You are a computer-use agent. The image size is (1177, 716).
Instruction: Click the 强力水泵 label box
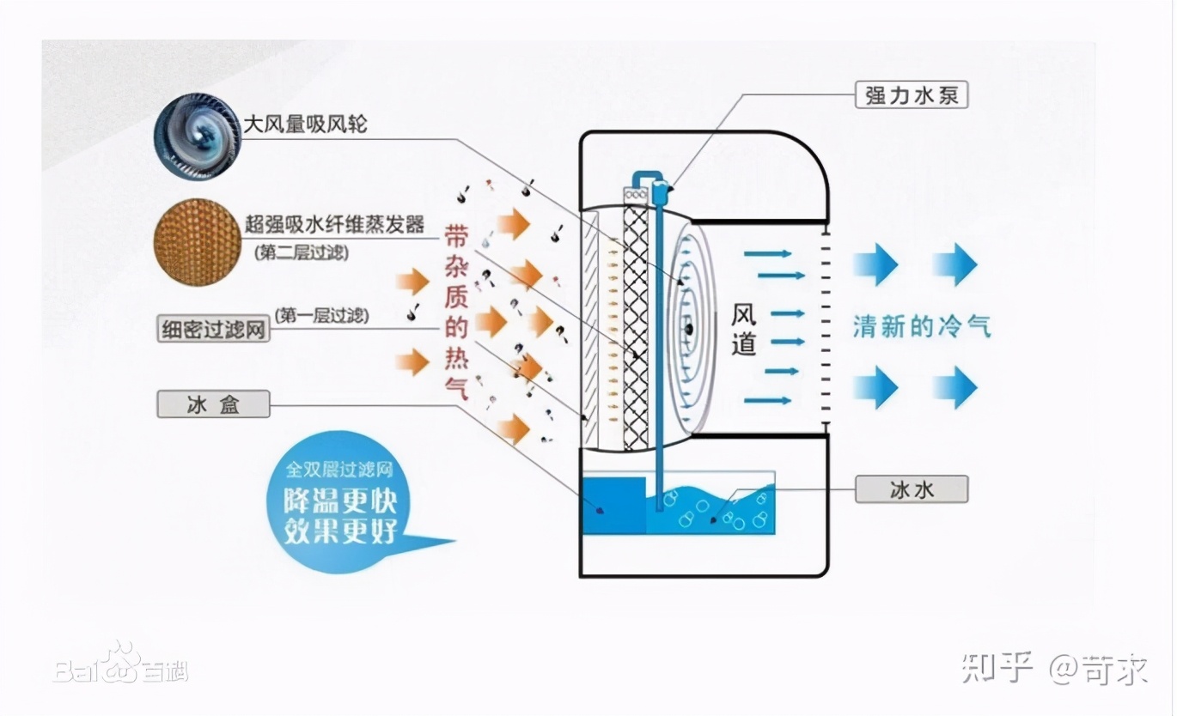click(912, 94)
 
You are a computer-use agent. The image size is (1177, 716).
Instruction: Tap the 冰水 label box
click(912, 489)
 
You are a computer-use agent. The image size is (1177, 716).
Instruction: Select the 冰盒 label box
click(213, 404)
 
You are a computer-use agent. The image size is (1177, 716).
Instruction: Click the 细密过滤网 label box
click(213, 328)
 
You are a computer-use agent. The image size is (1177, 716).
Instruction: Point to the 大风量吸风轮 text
click(305, 124)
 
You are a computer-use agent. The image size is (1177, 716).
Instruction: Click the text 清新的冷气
click(922, 326)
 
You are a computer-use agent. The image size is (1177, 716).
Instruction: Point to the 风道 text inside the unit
click(743, 331)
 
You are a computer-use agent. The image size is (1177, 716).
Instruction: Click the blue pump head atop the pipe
click(660, 191)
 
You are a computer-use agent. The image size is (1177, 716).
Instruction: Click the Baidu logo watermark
click(120, 664)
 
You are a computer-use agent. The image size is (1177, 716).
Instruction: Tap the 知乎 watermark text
click(997, 667)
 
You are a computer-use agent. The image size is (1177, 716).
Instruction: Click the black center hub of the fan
click(689, 326)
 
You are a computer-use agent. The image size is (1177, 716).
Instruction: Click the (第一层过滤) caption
click(321, 315)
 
